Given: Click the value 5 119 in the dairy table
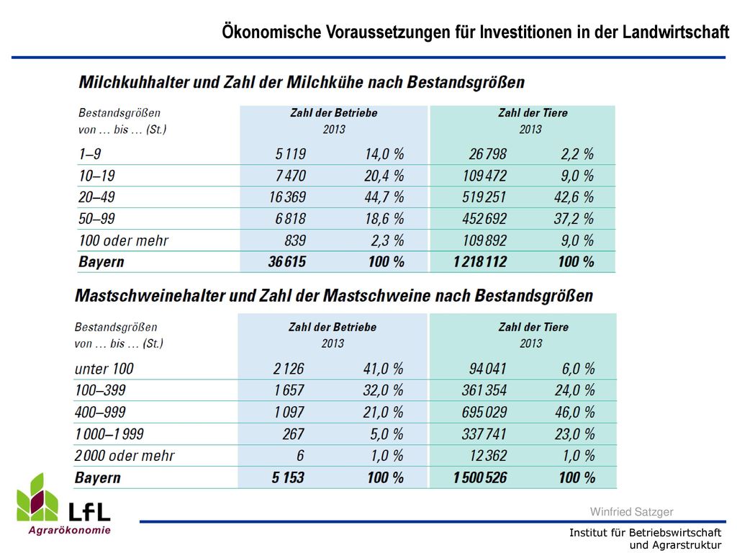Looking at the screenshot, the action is (x=291, y=154).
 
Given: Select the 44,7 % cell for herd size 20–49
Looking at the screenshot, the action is (x=384, y=197).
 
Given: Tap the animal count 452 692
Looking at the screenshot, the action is (x=484, y=219).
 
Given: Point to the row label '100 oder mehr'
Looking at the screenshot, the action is (x=123, y=240).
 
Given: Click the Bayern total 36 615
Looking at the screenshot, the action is (x=287, y=262).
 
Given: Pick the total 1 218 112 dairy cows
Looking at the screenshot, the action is (x=480, y=262).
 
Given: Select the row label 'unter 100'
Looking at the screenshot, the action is (x=104, y=369).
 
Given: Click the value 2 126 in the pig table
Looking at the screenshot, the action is (x=289, y=369).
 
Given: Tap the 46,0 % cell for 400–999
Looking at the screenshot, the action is (x=575, y=413).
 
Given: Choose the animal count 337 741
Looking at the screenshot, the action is (x=484, y=433).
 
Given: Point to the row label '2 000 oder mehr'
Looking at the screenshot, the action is (x=125, y=456).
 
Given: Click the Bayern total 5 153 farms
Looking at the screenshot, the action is (x=288, y=478).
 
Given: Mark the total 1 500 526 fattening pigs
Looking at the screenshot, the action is (x=480, y=478).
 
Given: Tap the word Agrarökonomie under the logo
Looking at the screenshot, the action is (x=70, y=531).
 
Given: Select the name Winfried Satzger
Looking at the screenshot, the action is (x=632, y=512).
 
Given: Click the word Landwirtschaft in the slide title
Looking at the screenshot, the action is (x=676, y=32).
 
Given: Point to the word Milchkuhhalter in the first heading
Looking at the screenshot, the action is (x=133, y=82).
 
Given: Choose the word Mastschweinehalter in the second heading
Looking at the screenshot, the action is (x=150, y=296).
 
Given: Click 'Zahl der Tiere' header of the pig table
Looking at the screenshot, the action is (x=533, y=327).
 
